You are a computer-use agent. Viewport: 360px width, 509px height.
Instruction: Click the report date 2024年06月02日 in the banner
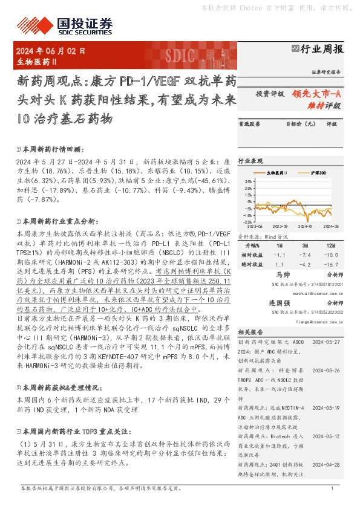[51, 52]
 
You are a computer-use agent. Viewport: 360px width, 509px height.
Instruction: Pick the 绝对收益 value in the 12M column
[331, 264]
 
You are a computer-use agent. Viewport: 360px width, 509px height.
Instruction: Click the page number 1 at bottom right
[332, 488]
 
